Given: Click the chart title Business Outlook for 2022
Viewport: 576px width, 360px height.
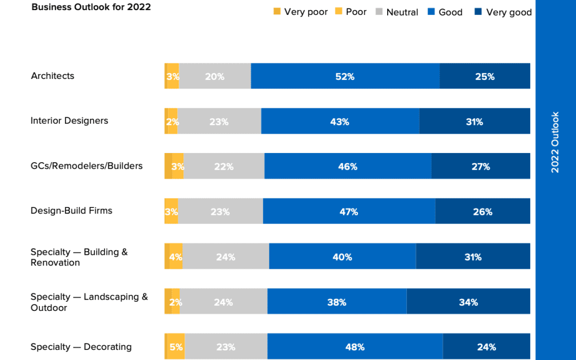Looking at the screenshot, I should click(x=91, y=7).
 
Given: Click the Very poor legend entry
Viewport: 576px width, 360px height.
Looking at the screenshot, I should click(x=301, y=12).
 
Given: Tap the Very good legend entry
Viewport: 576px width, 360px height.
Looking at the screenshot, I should click(x=503, y=12).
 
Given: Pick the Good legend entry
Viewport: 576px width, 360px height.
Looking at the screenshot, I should click(x=445, y=12).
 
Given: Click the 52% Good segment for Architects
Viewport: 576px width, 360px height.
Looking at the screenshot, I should click(x=345, y=76).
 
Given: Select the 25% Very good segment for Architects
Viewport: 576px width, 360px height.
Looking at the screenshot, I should click(x=485, y=76).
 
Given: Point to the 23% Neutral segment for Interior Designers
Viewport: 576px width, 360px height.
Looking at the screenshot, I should click(x=219, y=122).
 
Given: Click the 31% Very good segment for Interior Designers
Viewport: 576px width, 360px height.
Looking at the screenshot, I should click(x=474, y=122).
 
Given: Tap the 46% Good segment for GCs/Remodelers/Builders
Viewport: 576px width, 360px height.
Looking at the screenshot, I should click(x=348, y=166).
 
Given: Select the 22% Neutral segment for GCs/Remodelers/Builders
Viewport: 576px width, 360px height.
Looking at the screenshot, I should click(x=223, y=166).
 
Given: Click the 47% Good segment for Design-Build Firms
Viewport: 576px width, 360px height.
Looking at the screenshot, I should click(x=349, y=212).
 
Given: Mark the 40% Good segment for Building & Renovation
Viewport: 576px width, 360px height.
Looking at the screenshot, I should click(x=342, y=257).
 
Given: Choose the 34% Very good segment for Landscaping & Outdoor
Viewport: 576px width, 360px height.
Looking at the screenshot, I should click(x=468, y=302).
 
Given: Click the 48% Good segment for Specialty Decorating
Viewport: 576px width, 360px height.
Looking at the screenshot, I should click(x=355, y=347).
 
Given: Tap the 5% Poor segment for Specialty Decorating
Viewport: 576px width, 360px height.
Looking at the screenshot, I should click(x=177, y=347).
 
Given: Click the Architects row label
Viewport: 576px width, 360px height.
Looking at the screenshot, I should click(x=52, y=76).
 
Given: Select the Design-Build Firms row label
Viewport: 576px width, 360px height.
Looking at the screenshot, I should click(x=71, y=211).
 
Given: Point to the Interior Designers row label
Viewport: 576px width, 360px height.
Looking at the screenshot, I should click(x=69, y=121).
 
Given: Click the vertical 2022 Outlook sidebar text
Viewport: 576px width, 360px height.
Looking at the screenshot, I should click(x=555, y=142).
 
